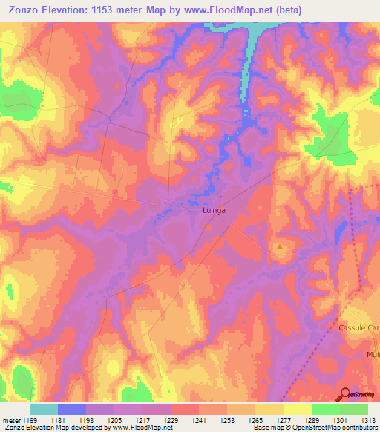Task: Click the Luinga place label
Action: coord(214,211)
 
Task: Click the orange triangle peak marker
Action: coord(279,246)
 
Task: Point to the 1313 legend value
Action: coord(367,420)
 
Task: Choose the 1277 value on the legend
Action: coord(283,420)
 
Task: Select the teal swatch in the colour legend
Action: coord(43,409)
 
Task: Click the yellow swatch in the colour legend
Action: coord(297,409)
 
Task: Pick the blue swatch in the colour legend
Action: coord(71,409)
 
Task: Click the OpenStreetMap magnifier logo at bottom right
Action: coord(346,395)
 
